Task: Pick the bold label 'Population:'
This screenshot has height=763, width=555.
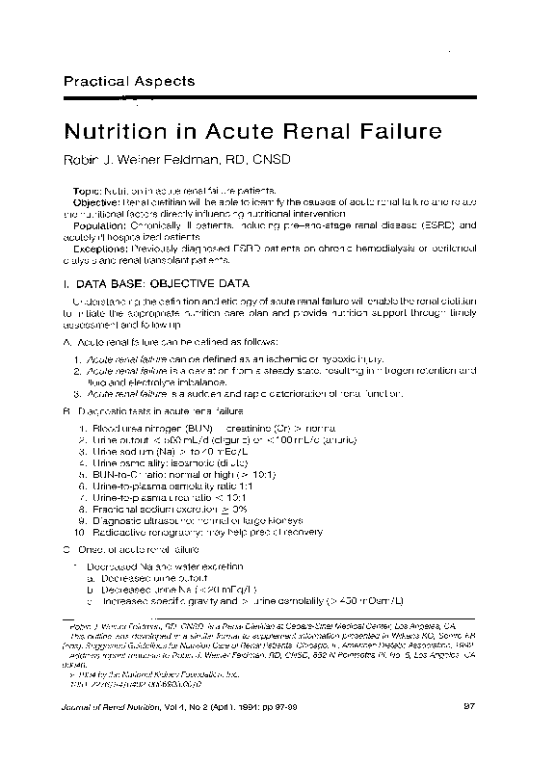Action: click(x=100, y=224)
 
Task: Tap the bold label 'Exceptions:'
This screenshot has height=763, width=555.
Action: click(x=101, y=248)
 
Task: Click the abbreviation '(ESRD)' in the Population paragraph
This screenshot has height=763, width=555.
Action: click(x=435, y=224)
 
